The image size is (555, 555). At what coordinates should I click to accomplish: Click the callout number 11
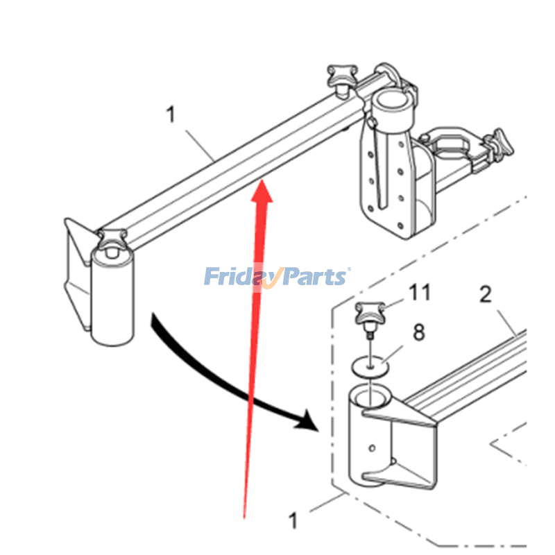420,292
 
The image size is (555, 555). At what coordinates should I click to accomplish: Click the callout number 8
419,332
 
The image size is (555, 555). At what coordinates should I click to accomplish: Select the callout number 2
486,294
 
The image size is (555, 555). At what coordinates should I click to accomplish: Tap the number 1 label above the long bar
171,114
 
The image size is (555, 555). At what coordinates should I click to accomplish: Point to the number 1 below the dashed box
293,521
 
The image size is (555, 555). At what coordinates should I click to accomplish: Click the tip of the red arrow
262,180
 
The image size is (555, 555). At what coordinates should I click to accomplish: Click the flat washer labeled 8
370,366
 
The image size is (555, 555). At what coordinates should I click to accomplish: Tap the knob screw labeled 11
370,316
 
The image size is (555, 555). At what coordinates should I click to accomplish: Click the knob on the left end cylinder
112,240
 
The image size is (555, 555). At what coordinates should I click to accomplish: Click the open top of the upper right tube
392,98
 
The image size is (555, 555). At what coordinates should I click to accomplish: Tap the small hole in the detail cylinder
372,448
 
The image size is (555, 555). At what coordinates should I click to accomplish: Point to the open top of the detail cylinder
370,397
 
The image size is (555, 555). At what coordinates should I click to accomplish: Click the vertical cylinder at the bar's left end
112,297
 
